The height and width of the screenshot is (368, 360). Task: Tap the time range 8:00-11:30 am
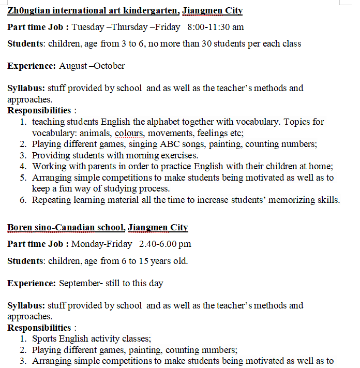216,27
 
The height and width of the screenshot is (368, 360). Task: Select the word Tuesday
88,27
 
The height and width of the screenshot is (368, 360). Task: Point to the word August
72,66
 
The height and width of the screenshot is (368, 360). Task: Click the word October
109,66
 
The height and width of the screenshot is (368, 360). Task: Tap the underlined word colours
129,133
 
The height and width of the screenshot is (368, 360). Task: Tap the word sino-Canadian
68,227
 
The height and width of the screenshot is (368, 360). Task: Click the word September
81,283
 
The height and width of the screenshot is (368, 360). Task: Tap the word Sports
45,339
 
